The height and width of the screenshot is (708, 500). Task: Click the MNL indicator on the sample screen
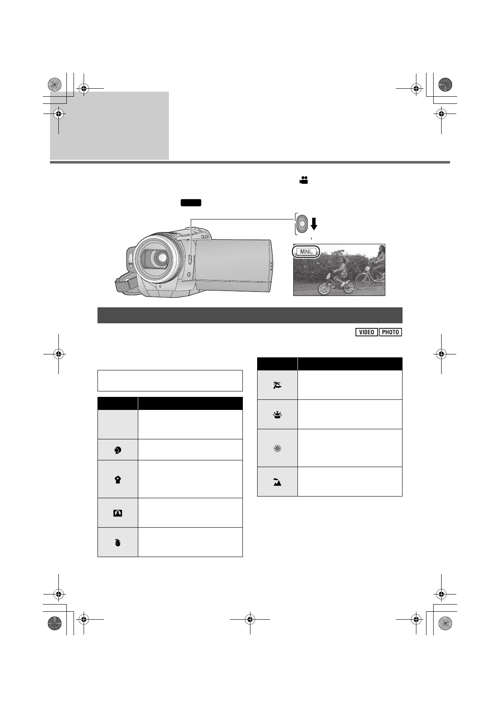point(306,252)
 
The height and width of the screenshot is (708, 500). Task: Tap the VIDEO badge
point(366,332)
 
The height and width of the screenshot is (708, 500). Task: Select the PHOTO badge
point(390,332)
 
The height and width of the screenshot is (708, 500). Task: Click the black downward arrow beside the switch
point(313,224)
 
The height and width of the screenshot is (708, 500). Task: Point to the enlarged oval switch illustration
point(302,224)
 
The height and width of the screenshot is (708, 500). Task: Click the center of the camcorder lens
point(162,258)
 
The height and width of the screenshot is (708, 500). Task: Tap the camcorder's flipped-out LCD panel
point(233,265)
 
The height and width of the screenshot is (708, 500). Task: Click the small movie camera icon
point(303,180)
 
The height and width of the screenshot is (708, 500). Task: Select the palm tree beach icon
point(277,385)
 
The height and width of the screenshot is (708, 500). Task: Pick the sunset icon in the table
point(277,415)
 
